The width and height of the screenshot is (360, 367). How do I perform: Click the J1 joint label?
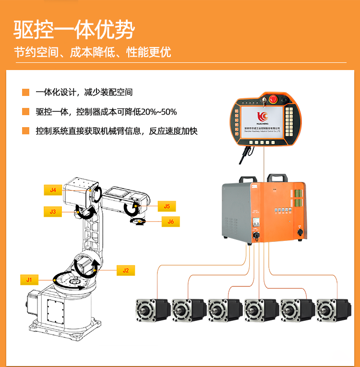pos(29,279)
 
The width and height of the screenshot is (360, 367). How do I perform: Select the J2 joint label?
pos(126,270)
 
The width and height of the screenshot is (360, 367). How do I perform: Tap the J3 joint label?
pos(53,211)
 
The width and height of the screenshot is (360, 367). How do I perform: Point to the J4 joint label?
pos(53,190)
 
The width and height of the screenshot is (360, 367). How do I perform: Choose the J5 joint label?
pos(167,206)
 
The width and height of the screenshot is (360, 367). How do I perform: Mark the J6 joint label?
pos(170,222)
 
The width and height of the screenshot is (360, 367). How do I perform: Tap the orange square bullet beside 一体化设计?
pos(25,92)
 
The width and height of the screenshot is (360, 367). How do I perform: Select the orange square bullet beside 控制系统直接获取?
pos(25,131)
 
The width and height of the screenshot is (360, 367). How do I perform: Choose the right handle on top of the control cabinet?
pos(277,178)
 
